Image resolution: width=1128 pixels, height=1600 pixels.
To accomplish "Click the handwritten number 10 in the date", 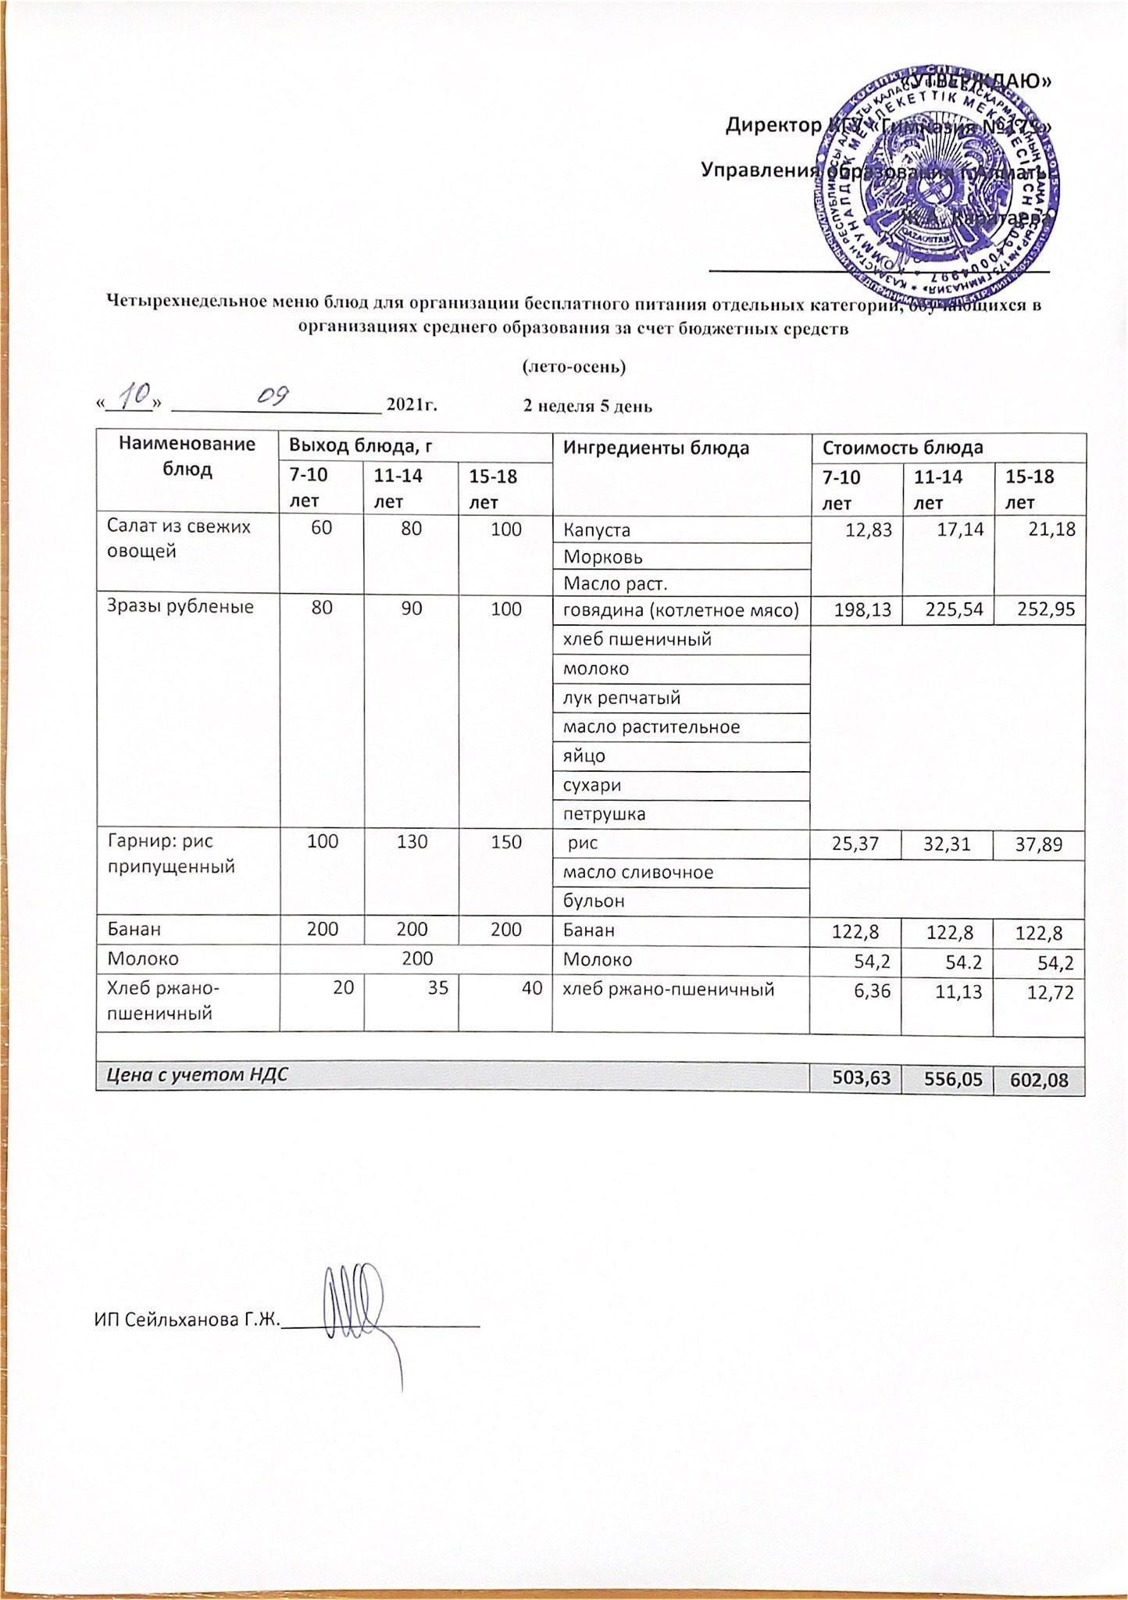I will tap(137, 399).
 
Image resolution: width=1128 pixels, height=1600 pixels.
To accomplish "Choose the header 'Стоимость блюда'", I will tap(902, 448).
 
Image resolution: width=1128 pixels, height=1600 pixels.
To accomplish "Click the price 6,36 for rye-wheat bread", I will tap(876, 992).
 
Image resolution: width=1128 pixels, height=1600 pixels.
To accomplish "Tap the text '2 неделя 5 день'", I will tap(587, 406).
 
